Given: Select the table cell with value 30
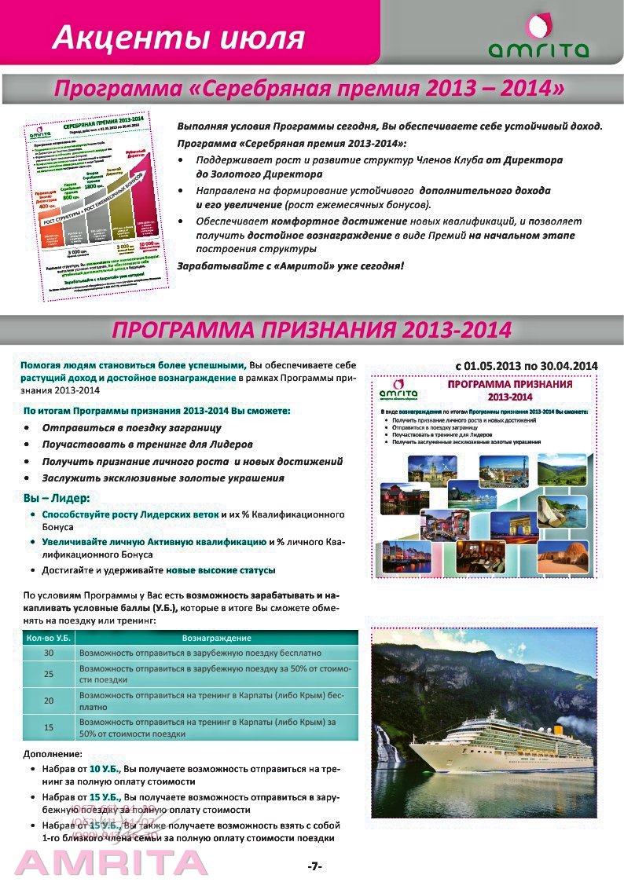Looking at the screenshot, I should (x=49, y=653).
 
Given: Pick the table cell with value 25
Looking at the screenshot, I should (x=49, y=674).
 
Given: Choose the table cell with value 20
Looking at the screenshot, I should (x=49, y=701).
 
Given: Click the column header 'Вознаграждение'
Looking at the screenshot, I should (x=216, y=639).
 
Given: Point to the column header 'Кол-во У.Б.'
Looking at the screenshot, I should (x=49, y=639).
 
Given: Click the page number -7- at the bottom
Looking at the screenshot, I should (x=314, y=866).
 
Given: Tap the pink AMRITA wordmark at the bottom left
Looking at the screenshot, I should (x=110, y=862).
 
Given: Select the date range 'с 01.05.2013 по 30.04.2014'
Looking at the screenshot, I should (x=527, y=366).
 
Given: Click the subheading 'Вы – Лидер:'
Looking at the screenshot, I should (x=56, y=498).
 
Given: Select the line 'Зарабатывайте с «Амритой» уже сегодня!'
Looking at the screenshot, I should (x=291, y=265).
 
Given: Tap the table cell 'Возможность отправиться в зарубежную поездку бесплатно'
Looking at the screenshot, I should (x=200, y=653).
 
